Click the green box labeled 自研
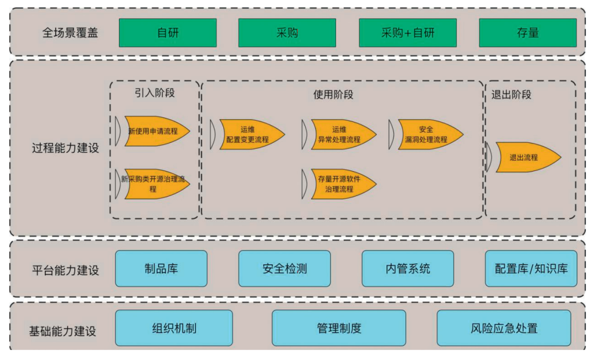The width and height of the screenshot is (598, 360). coord(167,33)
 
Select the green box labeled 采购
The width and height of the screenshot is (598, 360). coord(287,33)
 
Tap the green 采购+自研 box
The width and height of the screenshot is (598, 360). coord(408,33)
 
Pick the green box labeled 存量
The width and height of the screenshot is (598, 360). coord(527,33)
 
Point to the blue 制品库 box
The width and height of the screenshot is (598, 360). coord(161,269)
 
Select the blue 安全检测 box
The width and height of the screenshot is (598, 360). coord(285,269)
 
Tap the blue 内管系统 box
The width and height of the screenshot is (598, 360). coord(408,269)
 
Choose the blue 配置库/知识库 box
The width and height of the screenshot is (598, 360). coord(531,269)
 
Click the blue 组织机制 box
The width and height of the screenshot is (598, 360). coord(174,328)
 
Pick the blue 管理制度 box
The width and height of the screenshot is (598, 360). coord(339,328)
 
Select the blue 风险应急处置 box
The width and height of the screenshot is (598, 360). coord(504,328)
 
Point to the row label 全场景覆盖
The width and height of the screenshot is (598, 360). coord(70,33)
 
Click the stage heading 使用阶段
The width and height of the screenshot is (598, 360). coord(333,94)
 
